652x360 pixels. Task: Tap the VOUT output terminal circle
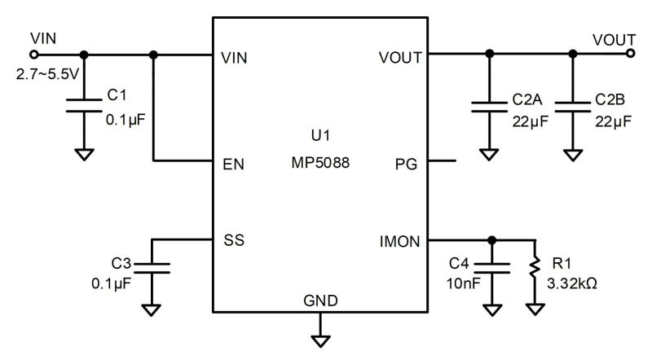[x=631, y=55]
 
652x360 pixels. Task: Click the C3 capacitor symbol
[x=152, y=267]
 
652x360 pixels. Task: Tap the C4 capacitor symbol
[x=491, y=267]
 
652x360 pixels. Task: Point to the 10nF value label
[x=463, y=284]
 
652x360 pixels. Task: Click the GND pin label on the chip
[x=321, y=301]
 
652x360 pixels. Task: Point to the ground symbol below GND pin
[x=321, y=335]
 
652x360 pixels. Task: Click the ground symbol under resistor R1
[x=535, y=310]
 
